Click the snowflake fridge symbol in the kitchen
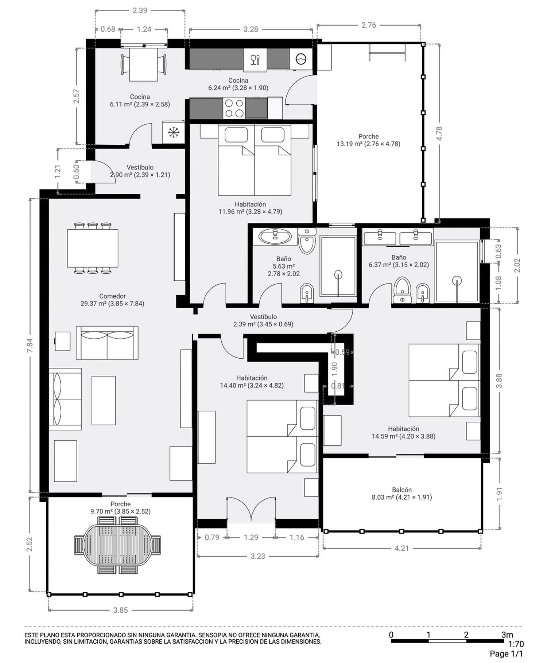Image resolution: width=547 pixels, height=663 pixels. (x=174, y=132)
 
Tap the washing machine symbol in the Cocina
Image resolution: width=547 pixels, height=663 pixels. (x=301, y=59)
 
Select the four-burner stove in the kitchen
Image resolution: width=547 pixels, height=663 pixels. (x=234, y=108)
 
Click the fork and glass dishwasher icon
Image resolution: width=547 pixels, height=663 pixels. (x=255, y=59)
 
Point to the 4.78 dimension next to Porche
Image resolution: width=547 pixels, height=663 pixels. (x=439, y=133)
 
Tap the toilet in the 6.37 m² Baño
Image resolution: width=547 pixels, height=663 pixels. (x=402, y=290)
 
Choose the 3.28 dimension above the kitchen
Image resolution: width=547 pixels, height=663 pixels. (x=251, y=30)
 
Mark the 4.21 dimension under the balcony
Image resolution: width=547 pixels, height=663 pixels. (x=401, y=548)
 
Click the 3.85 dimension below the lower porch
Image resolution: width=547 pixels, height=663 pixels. (x=120, y=610)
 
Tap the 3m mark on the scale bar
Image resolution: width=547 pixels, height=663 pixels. (x=507, y=635)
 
